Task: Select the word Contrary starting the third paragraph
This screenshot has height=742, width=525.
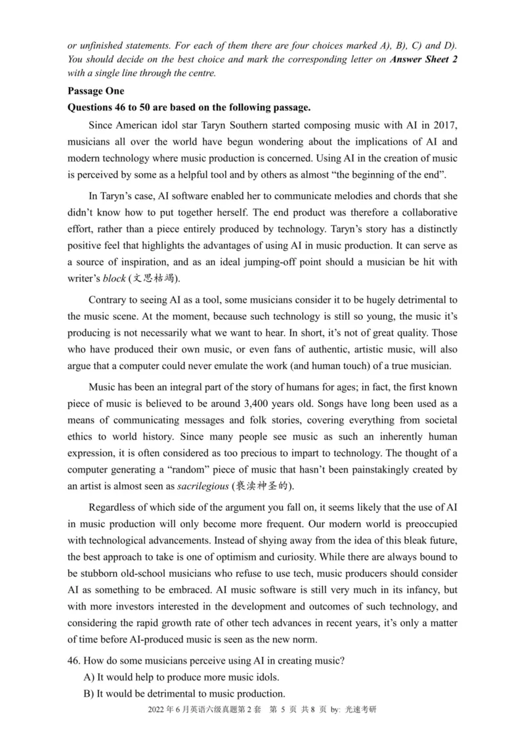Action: point(109,300)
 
